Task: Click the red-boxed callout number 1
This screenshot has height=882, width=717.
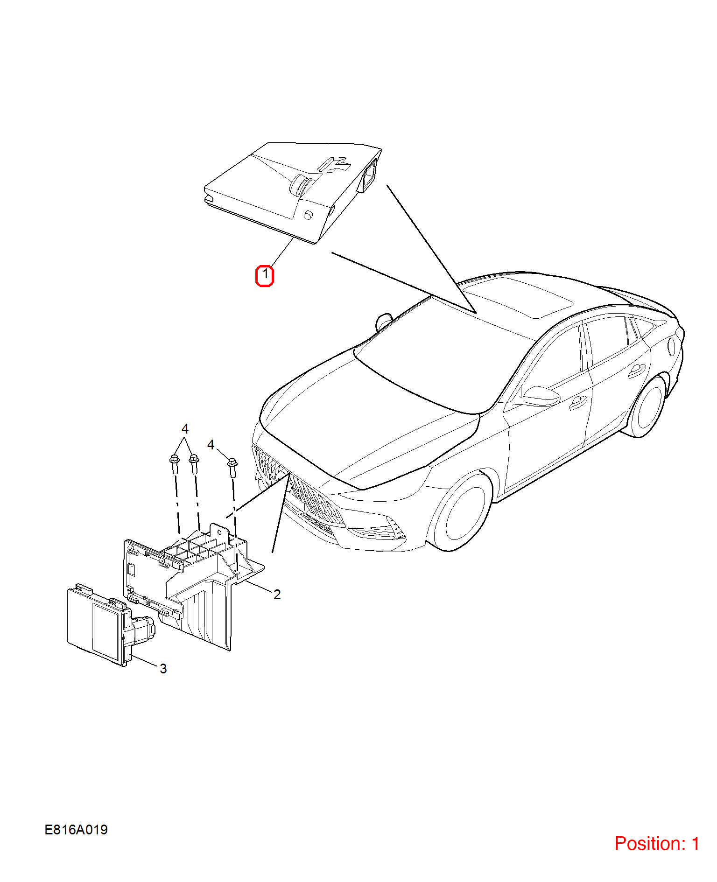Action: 265,275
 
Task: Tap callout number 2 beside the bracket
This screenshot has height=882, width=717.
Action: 277,594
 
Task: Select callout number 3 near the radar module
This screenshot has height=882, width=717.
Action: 163,668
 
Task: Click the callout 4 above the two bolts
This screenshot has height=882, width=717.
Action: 185,428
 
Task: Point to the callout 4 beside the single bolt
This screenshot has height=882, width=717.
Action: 211,444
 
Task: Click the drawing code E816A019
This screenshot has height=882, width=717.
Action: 76,829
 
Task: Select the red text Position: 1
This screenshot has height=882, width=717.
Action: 657,843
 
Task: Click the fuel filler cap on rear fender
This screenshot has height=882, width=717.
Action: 672,346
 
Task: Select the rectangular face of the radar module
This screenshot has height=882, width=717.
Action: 106,631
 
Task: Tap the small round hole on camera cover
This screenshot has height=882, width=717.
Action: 308,215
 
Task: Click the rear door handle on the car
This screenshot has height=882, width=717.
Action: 635,371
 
